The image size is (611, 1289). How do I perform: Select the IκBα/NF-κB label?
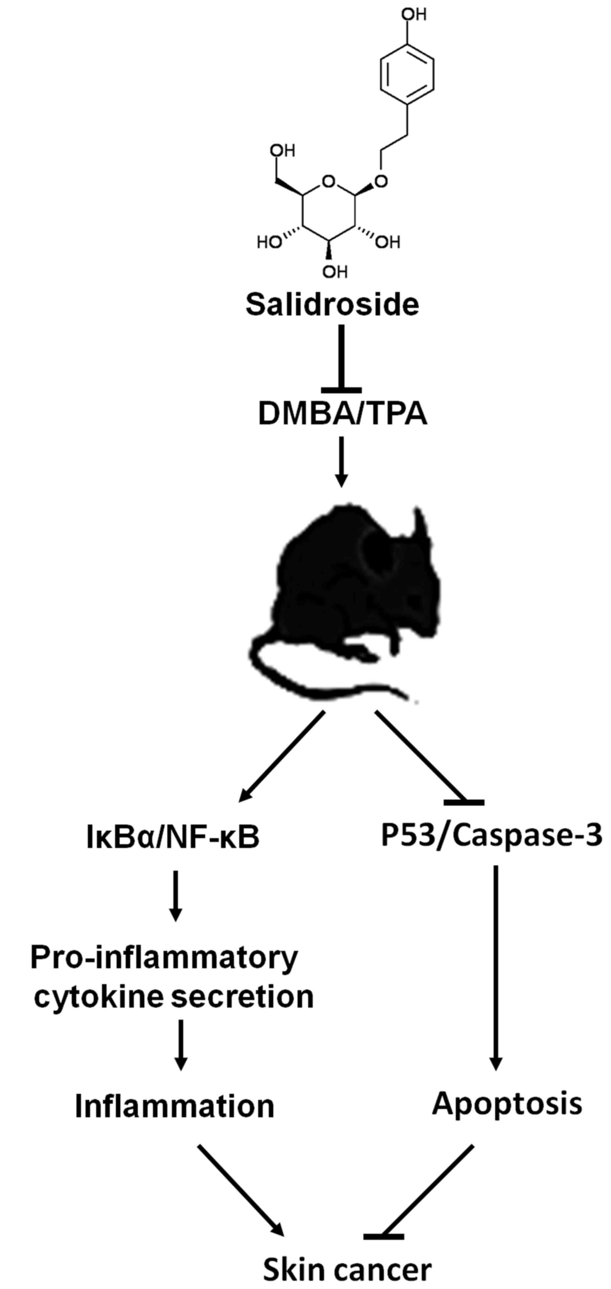coord(173,838)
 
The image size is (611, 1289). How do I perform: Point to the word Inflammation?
coord(174,1106)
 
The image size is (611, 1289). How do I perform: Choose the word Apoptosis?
coord(507,1103)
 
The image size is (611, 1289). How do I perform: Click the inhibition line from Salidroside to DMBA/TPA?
coord(342,358)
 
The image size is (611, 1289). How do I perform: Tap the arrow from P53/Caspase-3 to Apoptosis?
coord(496,966)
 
